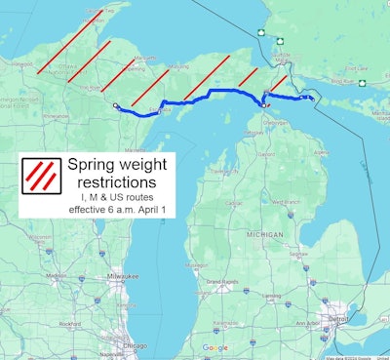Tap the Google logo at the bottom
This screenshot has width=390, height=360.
coord(214,347)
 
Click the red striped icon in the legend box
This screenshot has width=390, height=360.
coord(40,176)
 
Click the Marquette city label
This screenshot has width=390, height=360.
coord(143,59)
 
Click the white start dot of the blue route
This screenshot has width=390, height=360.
coord(115,105)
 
